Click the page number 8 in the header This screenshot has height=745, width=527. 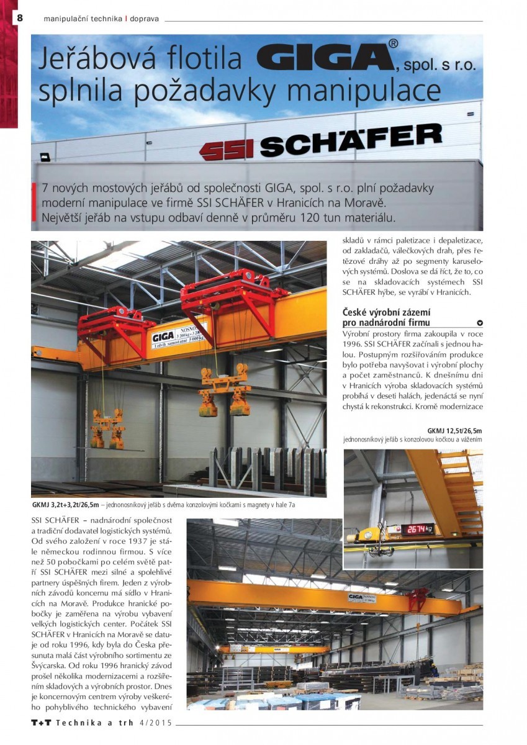(20, 18)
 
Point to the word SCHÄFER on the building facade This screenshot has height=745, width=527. (351, 140)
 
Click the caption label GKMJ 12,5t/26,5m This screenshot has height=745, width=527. (454, 430)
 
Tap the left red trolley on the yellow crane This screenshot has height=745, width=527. (116, 326)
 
